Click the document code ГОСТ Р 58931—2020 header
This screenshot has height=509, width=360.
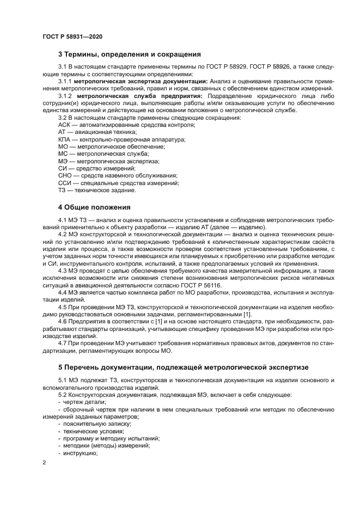[x=72, y=36]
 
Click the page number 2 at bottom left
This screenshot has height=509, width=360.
[x=44, y=463]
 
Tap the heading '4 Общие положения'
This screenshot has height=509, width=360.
[x=90, y=207]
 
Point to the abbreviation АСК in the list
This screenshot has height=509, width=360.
[x=64, y=125]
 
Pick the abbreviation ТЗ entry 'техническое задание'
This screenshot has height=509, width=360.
[x=94, y=191]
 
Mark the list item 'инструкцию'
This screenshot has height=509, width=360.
[x=80, y=452]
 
